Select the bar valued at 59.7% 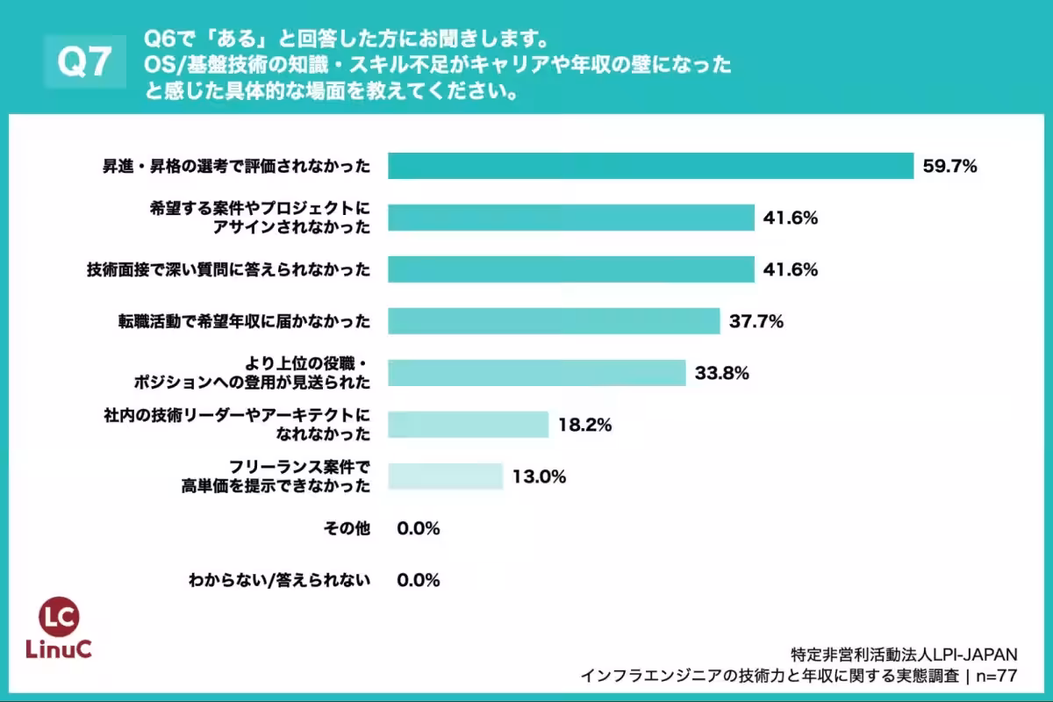[650, 166]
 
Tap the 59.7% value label [949, 166]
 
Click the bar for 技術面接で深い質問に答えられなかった [570, 269]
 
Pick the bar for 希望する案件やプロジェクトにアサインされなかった [570, 218]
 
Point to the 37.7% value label [756, 321]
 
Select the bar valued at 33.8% [536, 373]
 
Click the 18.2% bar [468, 425]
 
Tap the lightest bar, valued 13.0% [445, 476]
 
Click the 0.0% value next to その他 [418, 528]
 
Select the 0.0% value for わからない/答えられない [418, 580]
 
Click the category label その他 [347, 528]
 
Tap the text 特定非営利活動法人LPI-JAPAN [903, 654]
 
